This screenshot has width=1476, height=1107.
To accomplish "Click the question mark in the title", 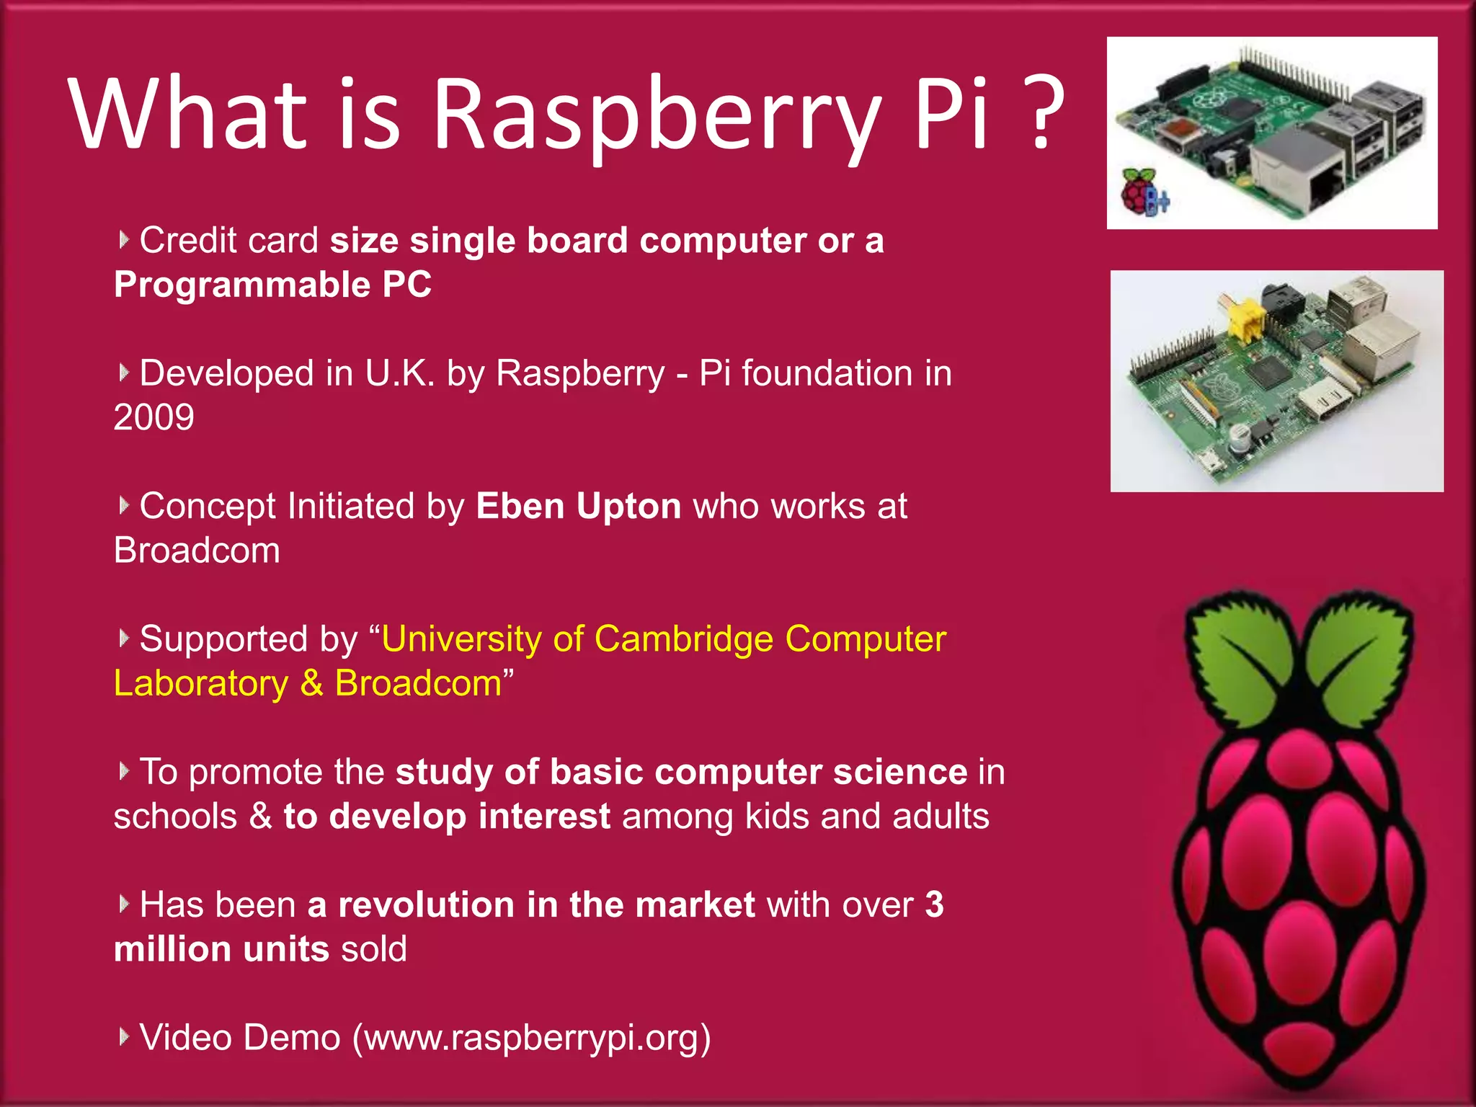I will tap(1041, 114).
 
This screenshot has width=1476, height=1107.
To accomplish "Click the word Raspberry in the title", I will tap(656, 115).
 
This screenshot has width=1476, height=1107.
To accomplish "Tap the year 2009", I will tap(154, 417).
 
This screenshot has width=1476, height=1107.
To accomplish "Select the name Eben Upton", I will tap(578, 506).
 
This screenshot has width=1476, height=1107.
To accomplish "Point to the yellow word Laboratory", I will tap(201, 683).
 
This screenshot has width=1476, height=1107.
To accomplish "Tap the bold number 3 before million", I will tap(934, 904).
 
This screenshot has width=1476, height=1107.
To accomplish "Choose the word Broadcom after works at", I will tap(197, 551).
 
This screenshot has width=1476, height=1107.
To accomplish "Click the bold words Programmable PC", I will tap(272, 285).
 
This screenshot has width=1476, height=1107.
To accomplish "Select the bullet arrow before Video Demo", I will tap(124, 1036).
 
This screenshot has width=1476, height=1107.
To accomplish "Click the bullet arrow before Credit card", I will tap(124, 239).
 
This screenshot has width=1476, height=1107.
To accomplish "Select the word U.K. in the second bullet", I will tap(399, 373).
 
